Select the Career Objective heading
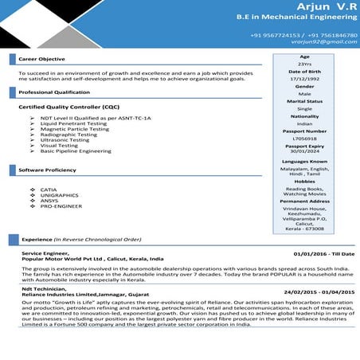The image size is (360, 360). (41, 60)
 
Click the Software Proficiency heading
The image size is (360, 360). (48, 170)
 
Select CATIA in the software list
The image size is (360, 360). (49, 190)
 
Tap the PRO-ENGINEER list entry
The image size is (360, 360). (61, 205)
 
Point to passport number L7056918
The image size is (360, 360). (304, 138)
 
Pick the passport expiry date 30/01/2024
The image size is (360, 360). (304, 152)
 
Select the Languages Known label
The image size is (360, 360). (304, 161)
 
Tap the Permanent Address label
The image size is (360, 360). (304, 202)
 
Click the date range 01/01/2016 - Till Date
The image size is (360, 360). (323, 254)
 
